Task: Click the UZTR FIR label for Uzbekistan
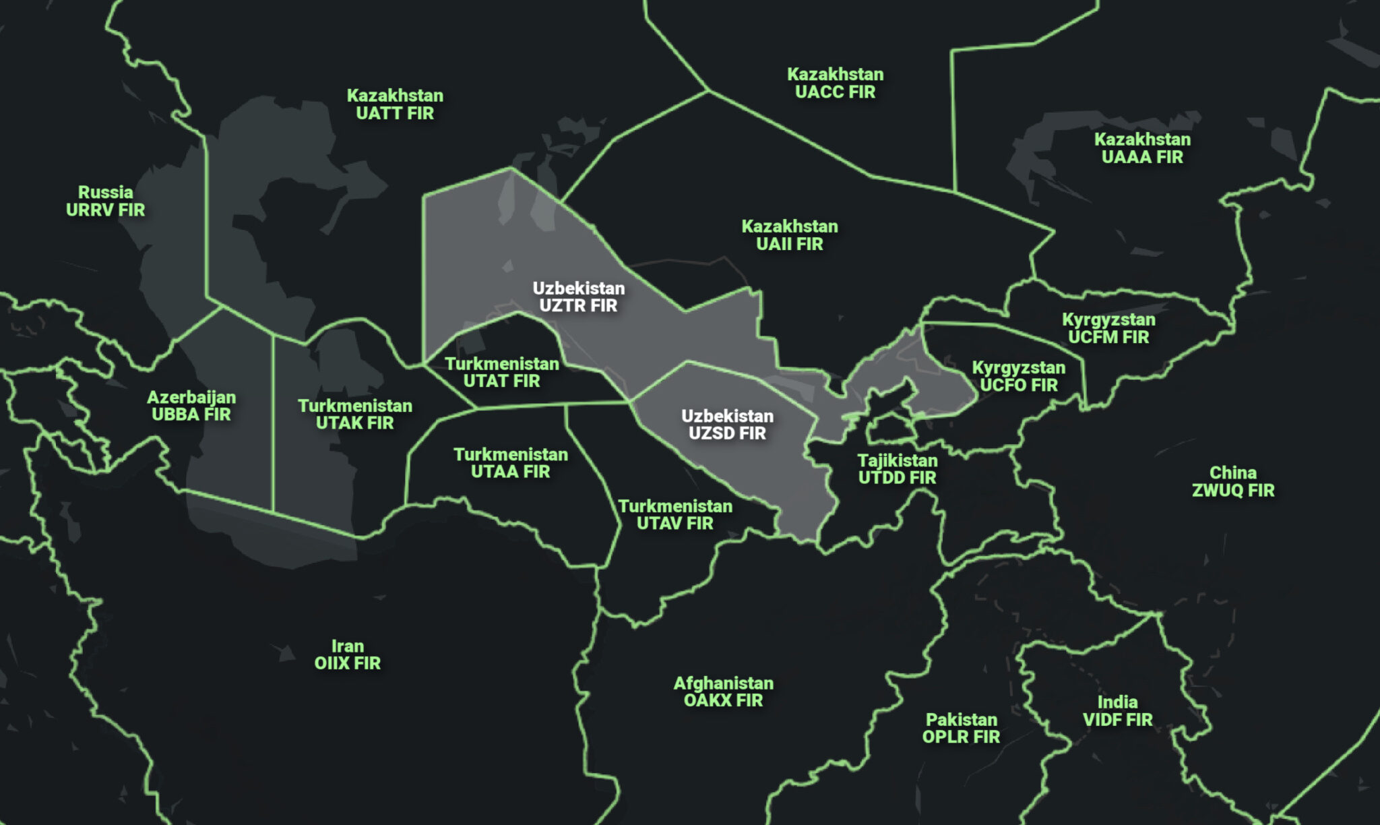pyautogui.click(x=578, y=297)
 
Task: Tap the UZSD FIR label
pyautogui.click(x=727, y=425)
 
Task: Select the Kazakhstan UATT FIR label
pyautogui.click(x=395, y=104)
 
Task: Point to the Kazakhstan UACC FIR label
pyautogui.click(x=835, y=83)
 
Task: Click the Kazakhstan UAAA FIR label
pyautogui.click(x=1142, y=148)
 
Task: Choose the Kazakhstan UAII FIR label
pyautogui.click(x=790, y=235)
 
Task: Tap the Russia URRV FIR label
pyautogui.click(x=105, y=201)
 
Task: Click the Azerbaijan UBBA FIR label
pyautogui.click(x=191, y=406)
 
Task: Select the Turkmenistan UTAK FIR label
pyautogui.click(x=355, y=415)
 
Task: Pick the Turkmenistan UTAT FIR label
pyautogui.click(x=502, y=373)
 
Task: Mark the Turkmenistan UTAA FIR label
pyautogui.click(x=511, y=463)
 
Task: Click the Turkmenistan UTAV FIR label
pyautogui.click(x=675, y=514)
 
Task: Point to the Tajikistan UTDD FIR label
pyautogui.click(x=898, y=469)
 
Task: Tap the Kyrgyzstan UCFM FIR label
pyautogui.click(x=1108, y=328)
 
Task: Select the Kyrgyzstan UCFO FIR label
pyautogui.click(x=1019, y=376)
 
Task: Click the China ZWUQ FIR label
pyautogui.click(x=1233, y=481)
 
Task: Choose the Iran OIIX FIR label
pyautogui.click(x=348, y=654)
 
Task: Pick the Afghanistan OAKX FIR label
pyautogui.click(x=724, y=692)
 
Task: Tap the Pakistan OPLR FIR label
pyautogui.click(x=961, y=728)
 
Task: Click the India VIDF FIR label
pyautogui.click(x=1117, y=711)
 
